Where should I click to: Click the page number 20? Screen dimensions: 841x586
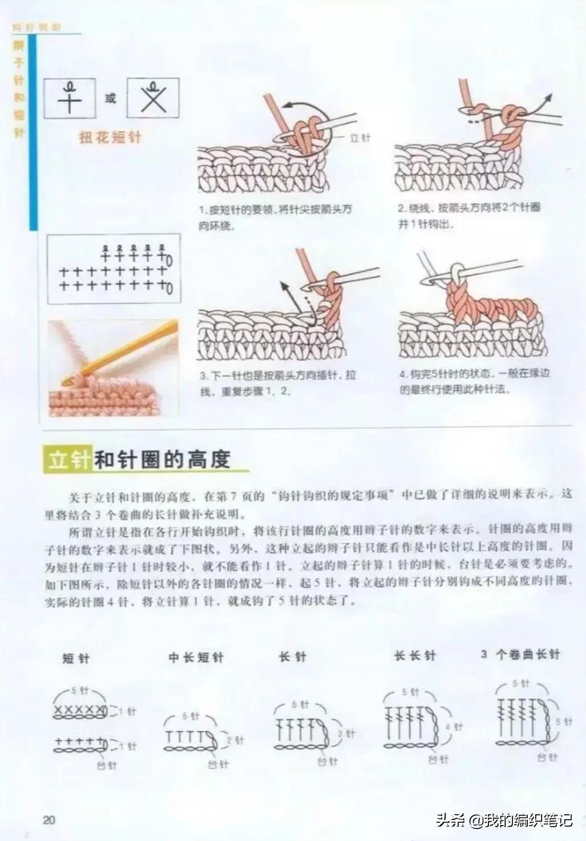(49, 820)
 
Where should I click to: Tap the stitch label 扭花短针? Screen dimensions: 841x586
(110, 138)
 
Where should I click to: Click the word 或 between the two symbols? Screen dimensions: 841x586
(110, 98)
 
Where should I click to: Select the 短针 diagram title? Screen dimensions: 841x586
(76, 658)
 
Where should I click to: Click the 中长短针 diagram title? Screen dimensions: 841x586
(196, 658)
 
